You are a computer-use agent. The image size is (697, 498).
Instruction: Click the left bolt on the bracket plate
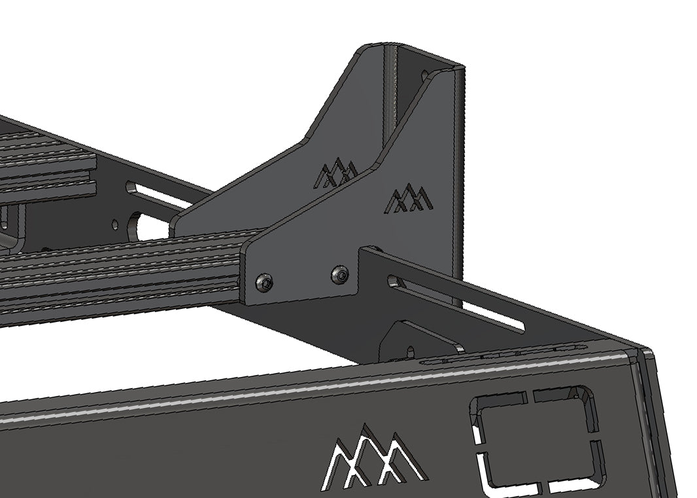(x=264, y=283)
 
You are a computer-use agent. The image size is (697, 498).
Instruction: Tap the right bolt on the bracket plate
(x=339, y=275)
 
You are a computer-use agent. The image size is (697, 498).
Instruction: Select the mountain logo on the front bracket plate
(x=409, y=198)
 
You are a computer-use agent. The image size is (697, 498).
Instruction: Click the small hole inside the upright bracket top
(x=425, y=76)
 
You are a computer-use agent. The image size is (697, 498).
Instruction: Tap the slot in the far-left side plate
(x=157, y=195)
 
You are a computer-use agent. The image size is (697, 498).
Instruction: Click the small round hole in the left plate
(x=115, y=224)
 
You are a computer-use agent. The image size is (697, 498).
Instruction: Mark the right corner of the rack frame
(x=644, y=357)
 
